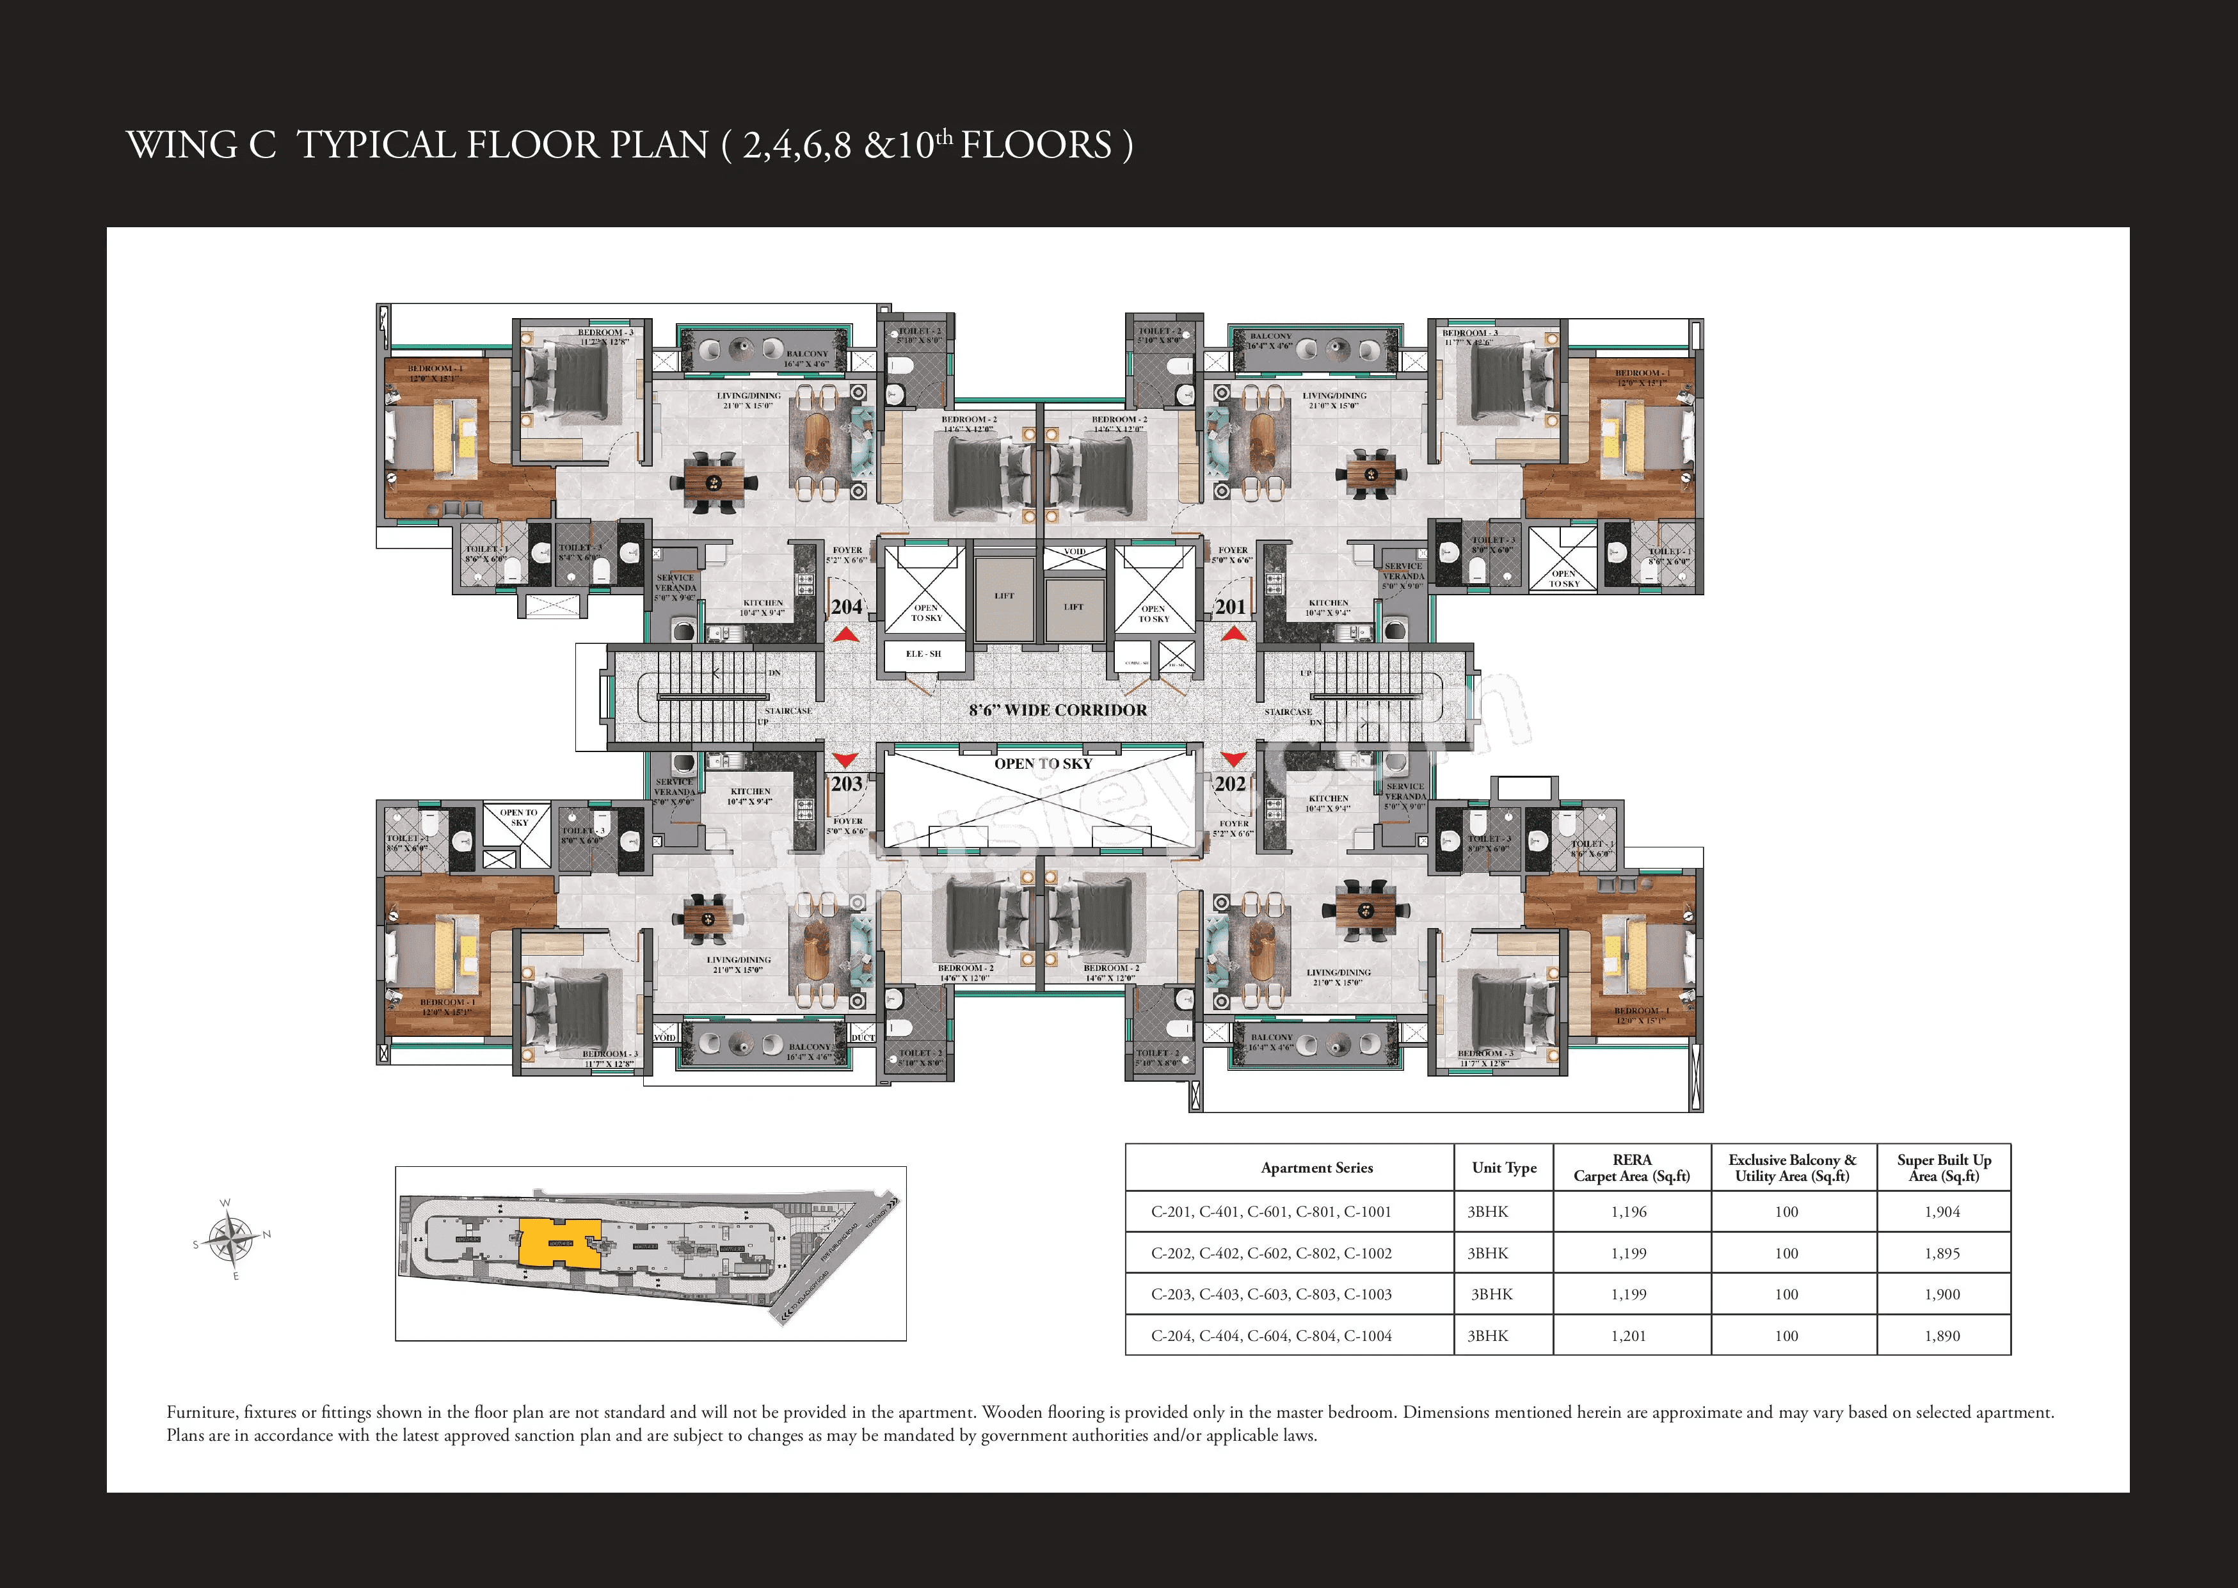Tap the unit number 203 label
pyautogui.click(x=847, y=783)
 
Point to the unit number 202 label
pyautogui.click(x=1230, y=783)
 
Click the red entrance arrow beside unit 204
pyautogui.click(x=845, y=636)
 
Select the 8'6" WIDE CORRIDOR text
pyautogui.click(x=1058, y=710)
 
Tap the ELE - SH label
pyautogui.click(x=923, y=654)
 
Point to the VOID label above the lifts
pyautogui.click(x=1075, y=552)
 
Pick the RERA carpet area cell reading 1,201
pyautogui.click(x=1629, y=1336)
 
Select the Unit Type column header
pyautogui.click(x=1504, y=1167)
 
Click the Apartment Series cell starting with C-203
pyautogui.click(x=1271, y=1294)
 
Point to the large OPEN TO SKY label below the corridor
pyautogui.click(x=1043, y=764)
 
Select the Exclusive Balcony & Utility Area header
pyautogui.click(x=1792, y=1167)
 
